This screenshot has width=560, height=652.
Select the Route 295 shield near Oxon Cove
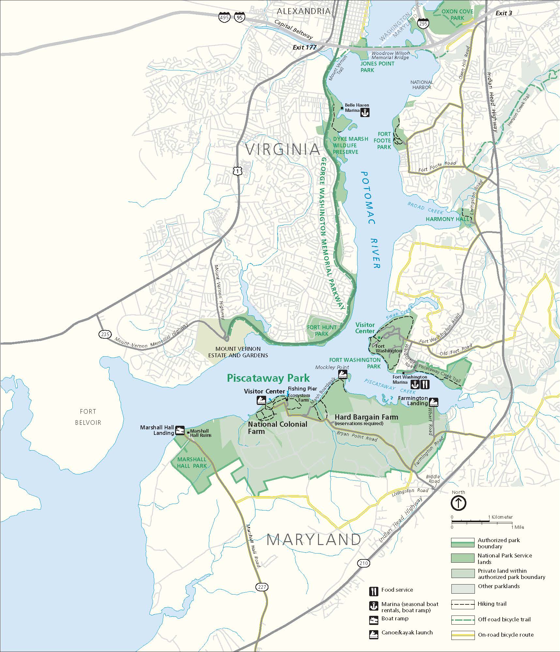[x=423, y=23]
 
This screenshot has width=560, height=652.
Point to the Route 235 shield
[x=105, y=334]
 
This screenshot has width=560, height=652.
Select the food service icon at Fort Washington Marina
[x=425, y=384]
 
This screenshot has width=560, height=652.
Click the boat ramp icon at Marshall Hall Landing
[x=180, y=430]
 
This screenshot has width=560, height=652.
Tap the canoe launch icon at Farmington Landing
[x=433, y=402]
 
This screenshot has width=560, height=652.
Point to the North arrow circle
[x=458, y=503]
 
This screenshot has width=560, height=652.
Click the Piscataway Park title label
[x=268, y=378]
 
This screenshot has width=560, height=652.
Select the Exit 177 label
[x=304, y=47]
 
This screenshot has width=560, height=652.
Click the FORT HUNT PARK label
[x=322, y=331]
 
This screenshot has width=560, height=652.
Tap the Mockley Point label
[x=332, y=367]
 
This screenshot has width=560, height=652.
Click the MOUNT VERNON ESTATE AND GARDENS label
[x=238, y=352]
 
